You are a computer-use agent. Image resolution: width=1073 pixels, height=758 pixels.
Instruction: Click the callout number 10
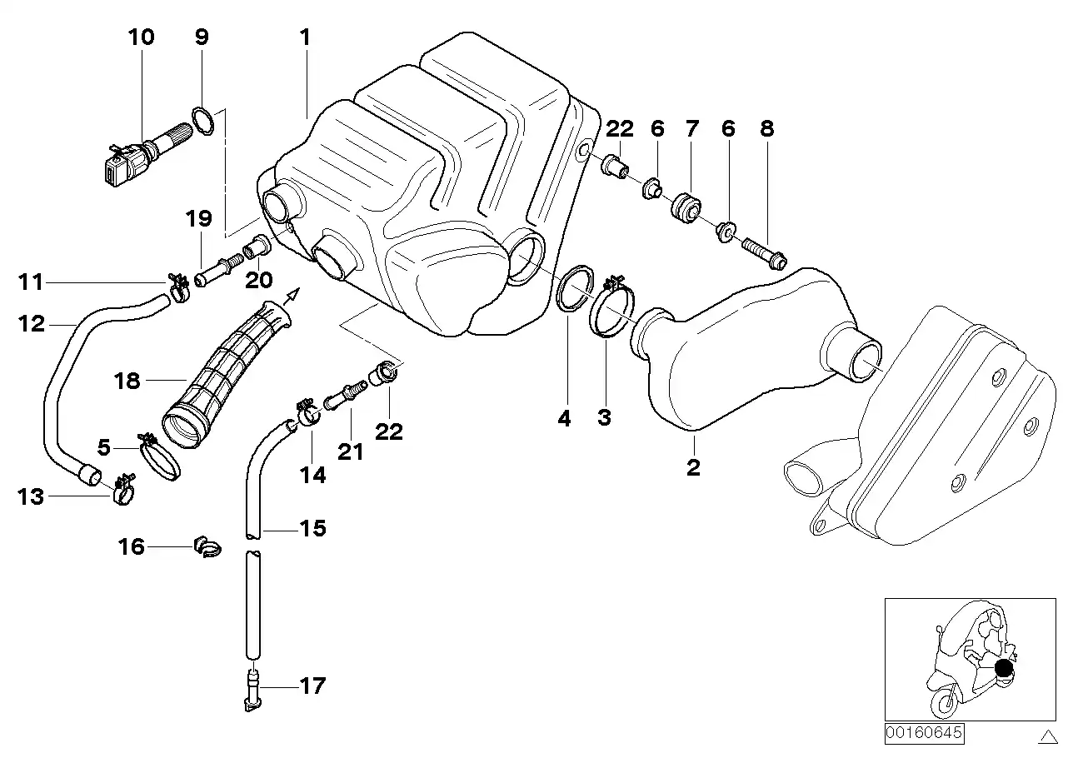[x=141, y=37]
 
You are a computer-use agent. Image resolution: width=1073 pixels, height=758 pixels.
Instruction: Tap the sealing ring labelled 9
[x=203, y=122]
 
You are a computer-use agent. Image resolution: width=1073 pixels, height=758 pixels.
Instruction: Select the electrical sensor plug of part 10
[x=116, y=165]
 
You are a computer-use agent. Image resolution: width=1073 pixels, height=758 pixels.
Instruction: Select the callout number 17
[x=312, y=687]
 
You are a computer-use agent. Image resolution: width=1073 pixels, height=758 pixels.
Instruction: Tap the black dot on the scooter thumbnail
[x=1004, y=666]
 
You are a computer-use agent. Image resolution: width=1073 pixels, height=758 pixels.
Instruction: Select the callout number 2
[x=693, y=467]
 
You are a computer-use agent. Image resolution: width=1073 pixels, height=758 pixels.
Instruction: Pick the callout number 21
[x=351, y=451]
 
